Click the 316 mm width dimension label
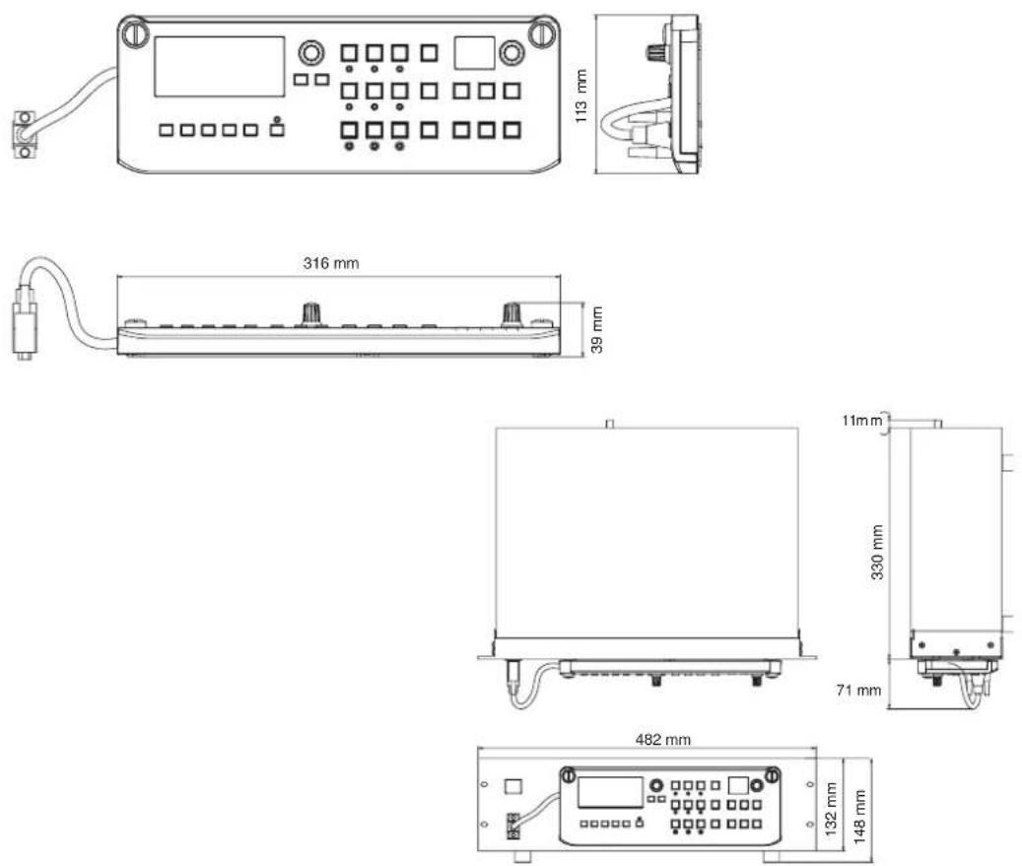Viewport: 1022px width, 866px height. pyautogui.click(x=330, y=263)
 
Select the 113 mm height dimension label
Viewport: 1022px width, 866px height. pyautogui.click(x=580, y=96)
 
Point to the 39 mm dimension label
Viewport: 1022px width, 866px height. pyautogui.click(x=596, y=330)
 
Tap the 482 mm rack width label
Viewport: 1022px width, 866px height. pyautogui.click(x=663, y=740)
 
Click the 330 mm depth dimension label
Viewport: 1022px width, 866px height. pyautogui.click(x=877, y=552)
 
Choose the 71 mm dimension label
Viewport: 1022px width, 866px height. pyautogui.click(x=858, y=690)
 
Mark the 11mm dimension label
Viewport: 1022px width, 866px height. pyautogui.click(x=861, y=421)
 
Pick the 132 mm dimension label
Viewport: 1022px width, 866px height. pyautogui.click(x=831, y=809)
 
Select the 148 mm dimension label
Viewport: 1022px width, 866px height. pyautogui.click(x=859, y=817)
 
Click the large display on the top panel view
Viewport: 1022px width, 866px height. pyautogui.click(x=219, y=67)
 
